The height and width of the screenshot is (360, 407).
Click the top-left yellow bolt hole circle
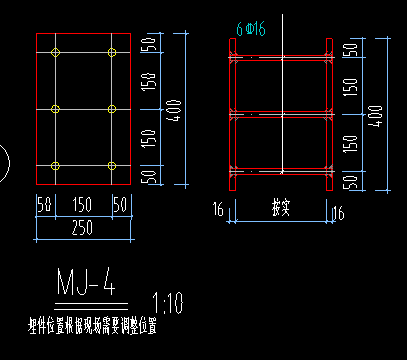tap(56, 52)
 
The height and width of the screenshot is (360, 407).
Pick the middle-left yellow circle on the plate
tap(56, 108)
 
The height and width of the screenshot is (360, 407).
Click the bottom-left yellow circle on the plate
tap(56, 165)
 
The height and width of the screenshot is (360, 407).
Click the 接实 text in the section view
tap(281, 209)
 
